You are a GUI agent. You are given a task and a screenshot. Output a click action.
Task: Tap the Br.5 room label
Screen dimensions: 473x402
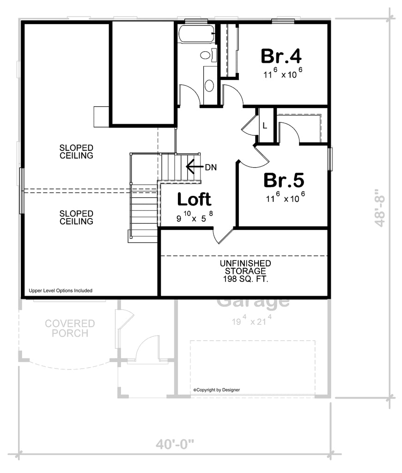[284, 180]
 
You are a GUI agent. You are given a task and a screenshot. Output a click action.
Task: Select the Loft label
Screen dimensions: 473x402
[194, 199]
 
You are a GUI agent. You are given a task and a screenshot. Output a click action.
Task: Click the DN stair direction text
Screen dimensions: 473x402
[211, 166]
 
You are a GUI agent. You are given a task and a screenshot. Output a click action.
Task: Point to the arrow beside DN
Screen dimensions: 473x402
[194, 166]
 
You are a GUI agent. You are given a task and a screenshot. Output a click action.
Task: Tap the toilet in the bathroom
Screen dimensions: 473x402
[206, 55]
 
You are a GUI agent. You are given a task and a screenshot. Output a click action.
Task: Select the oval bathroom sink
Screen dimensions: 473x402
[209, 85]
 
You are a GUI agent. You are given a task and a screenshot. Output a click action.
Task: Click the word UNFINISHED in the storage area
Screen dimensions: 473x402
[245, 263]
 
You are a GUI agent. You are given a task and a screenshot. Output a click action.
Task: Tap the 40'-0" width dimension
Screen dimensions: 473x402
[175, 445]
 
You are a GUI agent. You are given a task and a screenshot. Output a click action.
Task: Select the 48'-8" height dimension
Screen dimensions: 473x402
[380, 207]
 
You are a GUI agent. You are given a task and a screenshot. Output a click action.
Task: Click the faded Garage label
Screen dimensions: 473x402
[253, 303]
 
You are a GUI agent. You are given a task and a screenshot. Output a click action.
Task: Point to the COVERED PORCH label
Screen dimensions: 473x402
[70, 328]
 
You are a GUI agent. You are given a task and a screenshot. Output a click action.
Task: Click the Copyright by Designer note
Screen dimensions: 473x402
[217, 390]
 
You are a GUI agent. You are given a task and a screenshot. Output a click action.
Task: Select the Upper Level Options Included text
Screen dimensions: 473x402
[61, 291]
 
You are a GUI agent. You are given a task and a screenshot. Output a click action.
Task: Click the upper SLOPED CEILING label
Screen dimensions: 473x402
[77, 152]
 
